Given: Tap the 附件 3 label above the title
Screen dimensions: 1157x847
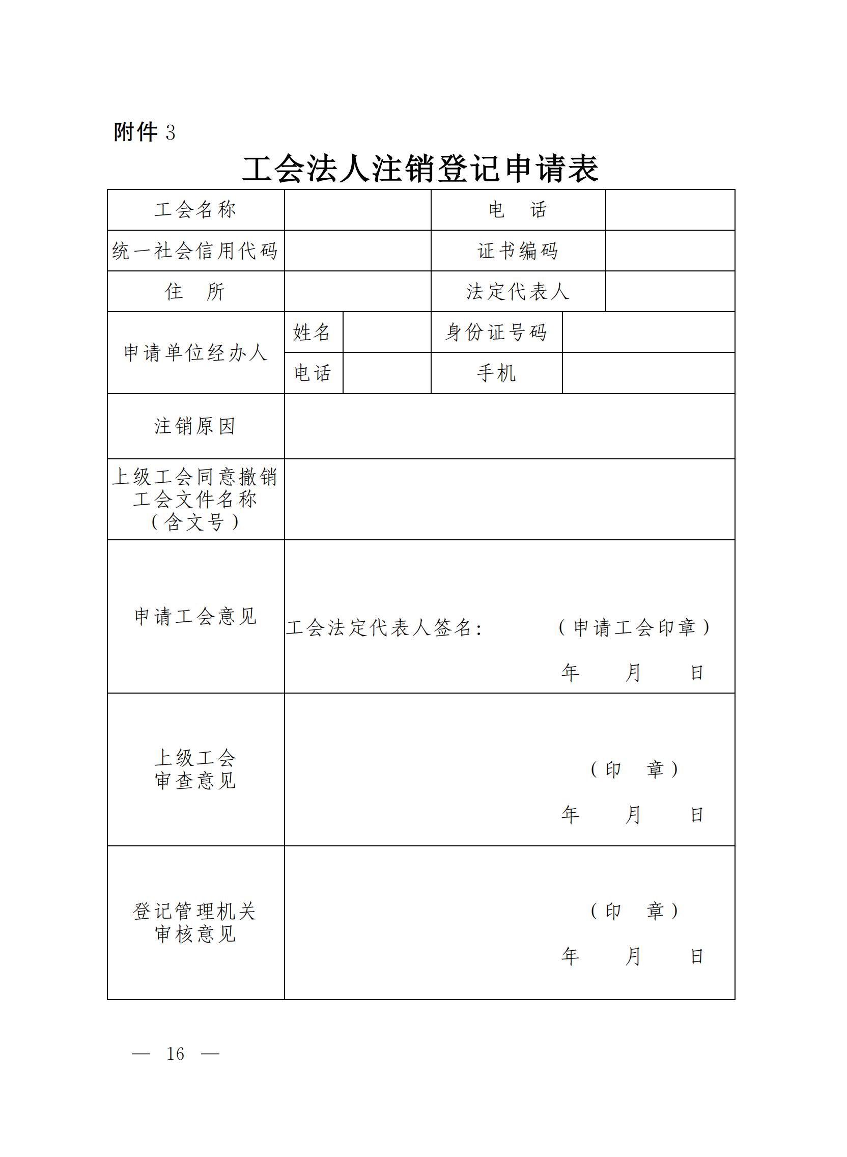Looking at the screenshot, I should click(x=144, y=132).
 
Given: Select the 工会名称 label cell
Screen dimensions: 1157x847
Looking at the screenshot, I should click(x=195, y=210).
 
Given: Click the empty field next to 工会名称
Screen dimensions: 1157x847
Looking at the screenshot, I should click(x=357, y=210).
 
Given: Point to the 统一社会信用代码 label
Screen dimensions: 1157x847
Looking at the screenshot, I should click(x=195, y=251).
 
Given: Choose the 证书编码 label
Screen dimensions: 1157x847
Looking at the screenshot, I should click(x=518, y=251).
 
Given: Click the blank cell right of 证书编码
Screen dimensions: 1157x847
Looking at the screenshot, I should click(x=669, y=251).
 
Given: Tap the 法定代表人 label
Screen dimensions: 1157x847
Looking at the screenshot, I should click(x=518, y=291).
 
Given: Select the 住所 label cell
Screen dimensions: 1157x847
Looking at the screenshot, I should click(x=195, y=291).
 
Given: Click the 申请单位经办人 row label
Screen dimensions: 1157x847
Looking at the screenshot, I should click(x=195, y=353).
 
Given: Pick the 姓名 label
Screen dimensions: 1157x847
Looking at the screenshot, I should click(x=312, y=333).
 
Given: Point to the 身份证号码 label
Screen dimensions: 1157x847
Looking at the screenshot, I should click(x=496, y=333).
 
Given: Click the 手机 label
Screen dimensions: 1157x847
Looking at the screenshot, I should click(x=496, y=373).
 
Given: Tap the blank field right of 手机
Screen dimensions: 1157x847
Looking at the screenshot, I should click(x=648, y=373).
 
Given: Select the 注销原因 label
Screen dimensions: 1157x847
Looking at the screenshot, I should click(x=195, y=426).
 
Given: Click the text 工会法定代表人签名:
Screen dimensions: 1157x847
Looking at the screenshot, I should click(x=384, y=628).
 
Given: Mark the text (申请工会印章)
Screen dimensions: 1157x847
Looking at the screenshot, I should click(x=634, y=627).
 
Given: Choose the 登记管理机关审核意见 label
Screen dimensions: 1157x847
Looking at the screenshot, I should click(x=195, y=923).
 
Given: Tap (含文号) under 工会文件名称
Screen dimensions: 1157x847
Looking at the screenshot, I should click(x=195, y=522).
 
